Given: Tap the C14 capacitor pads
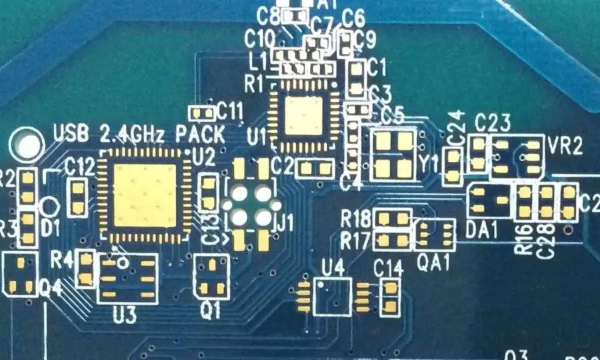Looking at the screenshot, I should click(389, 297).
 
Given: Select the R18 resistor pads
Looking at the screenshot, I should click(391, 218).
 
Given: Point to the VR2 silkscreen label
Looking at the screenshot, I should click(563, 147).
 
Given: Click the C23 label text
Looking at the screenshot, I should click(493, 123).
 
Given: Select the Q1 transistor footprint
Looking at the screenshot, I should click(212, 277).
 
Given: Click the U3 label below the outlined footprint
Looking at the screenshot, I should click(125, 314).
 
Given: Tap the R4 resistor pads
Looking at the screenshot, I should click(85, 269).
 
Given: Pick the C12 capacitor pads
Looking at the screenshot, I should click(78, 197).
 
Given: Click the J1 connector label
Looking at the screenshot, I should click(285, 223).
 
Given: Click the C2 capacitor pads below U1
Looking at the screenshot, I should click(315, 168).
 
